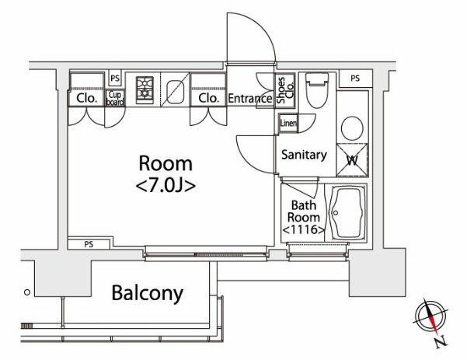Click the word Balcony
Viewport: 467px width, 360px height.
[148, 294]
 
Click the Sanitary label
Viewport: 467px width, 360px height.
[303, 155]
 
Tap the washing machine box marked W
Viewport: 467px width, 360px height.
[350, 158]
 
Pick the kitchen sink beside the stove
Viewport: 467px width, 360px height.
[175, 90]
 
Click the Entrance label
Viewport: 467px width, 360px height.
[250, 99]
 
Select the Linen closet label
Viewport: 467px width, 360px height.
[287, 123]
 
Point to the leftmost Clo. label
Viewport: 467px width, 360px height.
[85, 99]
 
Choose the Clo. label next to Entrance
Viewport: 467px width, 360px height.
[207, 99]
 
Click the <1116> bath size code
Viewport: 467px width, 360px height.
[301, 230]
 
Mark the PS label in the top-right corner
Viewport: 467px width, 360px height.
[355, 78]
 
